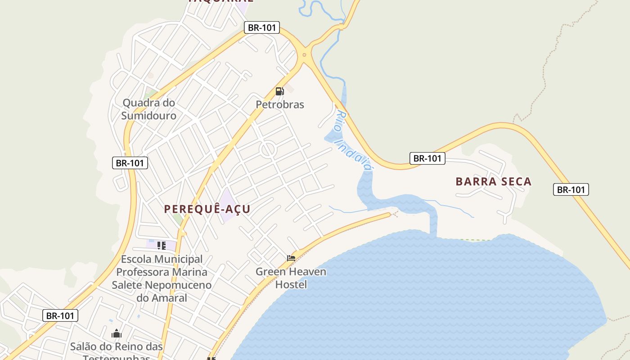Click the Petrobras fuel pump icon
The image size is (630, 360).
(x=279, y=91)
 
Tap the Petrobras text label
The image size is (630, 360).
(x=280, y=104)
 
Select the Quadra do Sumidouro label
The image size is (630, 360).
(x=148, y=109)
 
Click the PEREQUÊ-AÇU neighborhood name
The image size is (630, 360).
(x=207, y=209)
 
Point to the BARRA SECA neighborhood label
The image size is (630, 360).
(x=494, y=181)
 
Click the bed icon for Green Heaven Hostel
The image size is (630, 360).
(x=291, y=258)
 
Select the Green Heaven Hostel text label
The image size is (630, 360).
(x=291, y=278)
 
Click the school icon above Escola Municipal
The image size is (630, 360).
(x=161, y=245)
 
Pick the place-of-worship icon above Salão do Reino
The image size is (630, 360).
(x=117, y=333)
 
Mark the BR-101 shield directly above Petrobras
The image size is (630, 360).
(x=262, y=27)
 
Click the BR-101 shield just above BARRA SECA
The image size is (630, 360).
(x=427, y=158)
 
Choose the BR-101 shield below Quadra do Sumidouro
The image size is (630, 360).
(x=130, y=163)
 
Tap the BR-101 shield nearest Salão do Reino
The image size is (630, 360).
(x=60, y=315)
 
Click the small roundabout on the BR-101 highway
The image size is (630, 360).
(x=305, y=55)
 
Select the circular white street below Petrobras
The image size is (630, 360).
(x=268, y=149)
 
